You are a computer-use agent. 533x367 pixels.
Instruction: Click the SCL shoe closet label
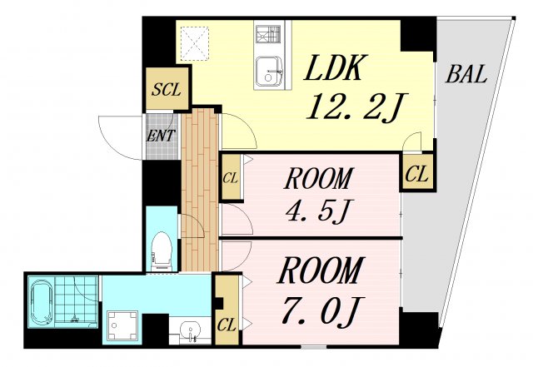tap(167, 90)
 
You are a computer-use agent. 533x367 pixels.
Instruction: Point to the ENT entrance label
tap(161, 136)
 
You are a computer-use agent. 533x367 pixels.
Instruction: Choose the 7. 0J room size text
tap(321, 310)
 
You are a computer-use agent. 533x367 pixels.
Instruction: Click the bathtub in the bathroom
tap(41, 302)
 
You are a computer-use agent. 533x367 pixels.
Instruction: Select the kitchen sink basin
tap(269, 72)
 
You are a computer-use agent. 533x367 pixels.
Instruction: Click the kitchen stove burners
tap(268, 34)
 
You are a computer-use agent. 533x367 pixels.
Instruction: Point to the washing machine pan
tap(122, 325)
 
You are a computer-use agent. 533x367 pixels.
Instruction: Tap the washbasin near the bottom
tap(190, 330)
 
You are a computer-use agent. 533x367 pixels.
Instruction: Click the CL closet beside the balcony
tap(416, 174)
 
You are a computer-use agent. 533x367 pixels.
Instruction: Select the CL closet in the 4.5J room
tap(231, 177)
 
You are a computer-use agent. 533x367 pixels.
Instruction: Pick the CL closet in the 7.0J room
tap(227, 310)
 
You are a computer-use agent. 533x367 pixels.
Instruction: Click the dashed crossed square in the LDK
tap(194, 43)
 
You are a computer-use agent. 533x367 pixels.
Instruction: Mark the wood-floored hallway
tap(200, 191)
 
